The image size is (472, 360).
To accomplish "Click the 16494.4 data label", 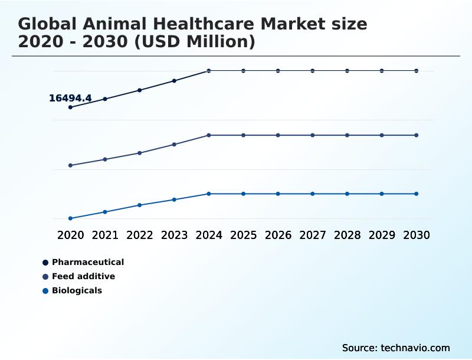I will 70,99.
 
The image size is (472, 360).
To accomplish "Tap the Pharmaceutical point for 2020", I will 70,107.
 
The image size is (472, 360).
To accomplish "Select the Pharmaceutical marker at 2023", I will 174,81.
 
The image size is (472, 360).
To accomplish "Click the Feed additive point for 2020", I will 70,165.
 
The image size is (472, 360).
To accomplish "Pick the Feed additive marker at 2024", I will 209,135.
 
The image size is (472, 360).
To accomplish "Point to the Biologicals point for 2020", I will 70,218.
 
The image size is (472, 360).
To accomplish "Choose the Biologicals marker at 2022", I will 140,205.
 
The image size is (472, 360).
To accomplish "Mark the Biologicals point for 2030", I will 417,194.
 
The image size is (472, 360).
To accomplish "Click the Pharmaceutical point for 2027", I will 313,71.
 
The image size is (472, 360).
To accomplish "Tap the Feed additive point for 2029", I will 382,135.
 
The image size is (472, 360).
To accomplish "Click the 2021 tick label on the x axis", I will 105,235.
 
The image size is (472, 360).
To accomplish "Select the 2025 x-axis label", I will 244,235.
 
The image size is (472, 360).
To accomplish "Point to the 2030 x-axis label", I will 417,235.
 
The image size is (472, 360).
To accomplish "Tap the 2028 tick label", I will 347,235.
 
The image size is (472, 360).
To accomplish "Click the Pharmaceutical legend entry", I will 88,262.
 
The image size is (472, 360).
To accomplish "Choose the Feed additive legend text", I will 83,276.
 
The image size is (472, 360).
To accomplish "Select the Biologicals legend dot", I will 45,290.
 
